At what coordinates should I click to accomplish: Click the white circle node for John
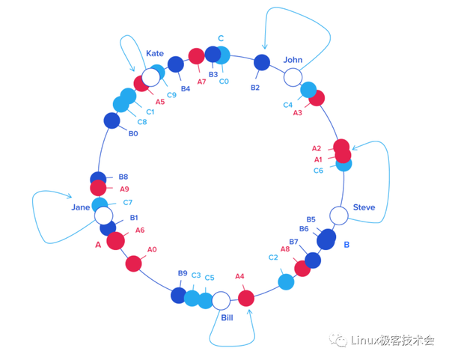tap(293, 76)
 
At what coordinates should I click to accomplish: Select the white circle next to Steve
tap(339, 216)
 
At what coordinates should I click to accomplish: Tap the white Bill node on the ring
tap(221, 301)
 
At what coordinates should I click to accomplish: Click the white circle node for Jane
tap(104, 216)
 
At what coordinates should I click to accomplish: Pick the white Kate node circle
tap(151, 76)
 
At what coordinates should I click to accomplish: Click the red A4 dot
tap(246, 298)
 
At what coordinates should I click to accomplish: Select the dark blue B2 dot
tap(262, 63)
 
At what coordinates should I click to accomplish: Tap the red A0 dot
tap(133, 263)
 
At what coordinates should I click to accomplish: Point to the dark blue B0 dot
tap(112, 120)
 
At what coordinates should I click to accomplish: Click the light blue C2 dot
tap(286, 281)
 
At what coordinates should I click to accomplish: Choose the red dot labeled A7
tap(196, 56)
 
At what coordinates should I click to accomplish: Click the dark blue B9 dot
tap(179, 295)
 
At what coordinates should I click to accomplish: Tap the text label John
tap(293, 59)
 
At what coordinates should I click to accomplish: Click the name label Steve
tap(364, 207)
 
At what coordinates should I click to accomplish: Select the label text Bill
tap(227, 318)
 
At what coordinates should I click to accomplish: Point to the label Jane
tap(81, 207)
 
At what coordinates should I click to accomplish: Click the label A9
tap(124, 189)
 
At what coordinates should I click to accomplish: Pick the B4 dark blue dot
tap(176, 64)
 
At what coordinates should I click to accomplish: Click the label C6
tap(319, 171)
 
